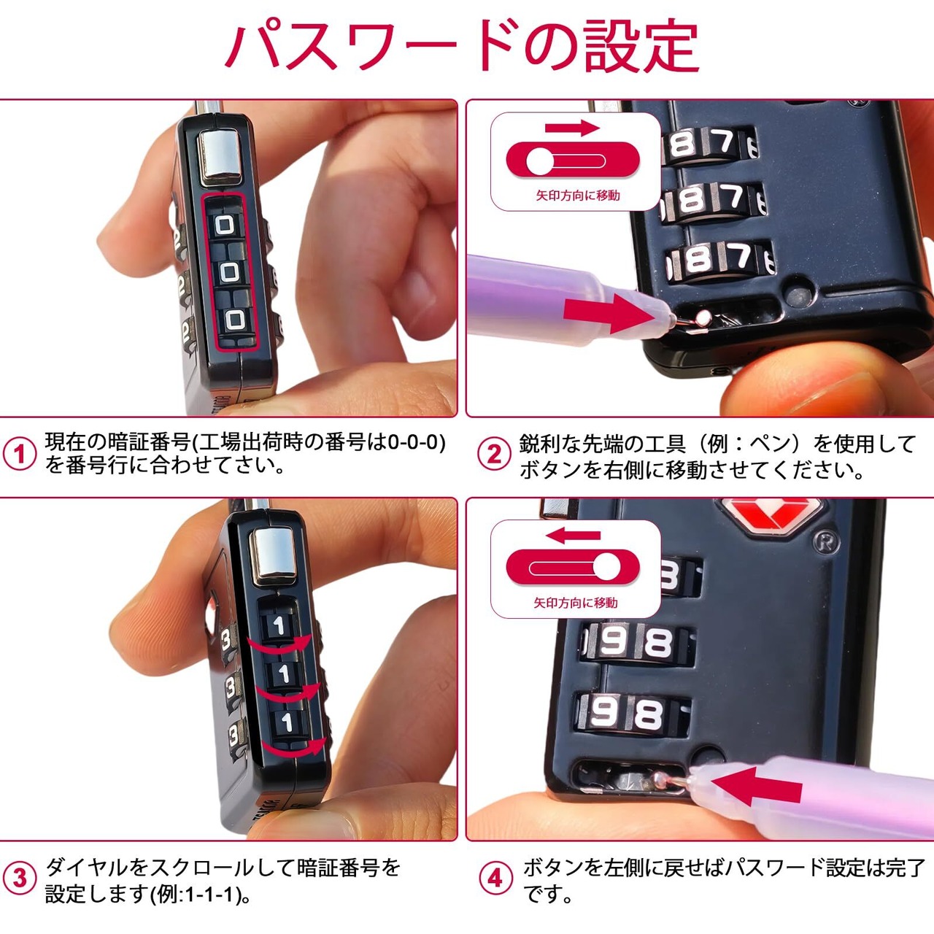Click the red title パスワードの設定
click(463, 47)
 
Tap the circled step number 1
click(20, 454)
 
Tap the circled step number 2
click(494, 454)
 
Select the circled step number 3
click(20, 878)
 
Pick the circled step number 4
click(495, 878)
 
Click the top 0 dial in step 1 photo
click(224, 225)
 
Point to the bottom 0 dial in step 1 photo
click(236, 320)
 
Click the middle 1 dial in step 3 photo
click(282, 674)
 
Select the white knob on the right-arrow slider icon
click(539, 161)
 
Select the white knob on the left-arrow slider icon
click(607, 567)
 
